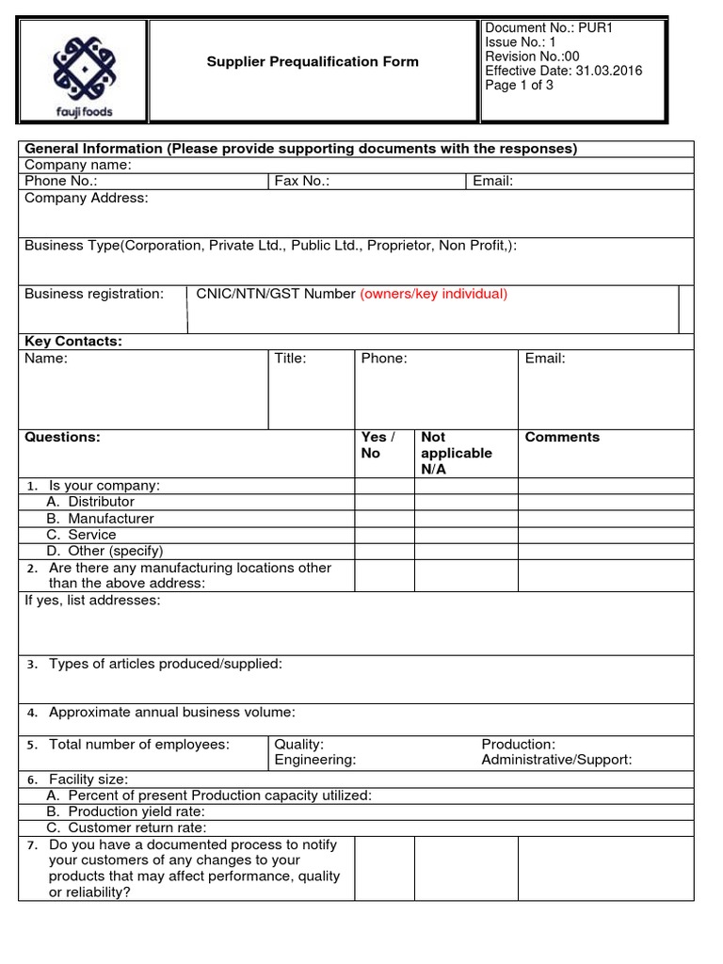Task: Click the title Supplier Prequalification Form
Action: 313,62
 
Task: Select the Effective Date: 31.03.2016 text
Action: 564,71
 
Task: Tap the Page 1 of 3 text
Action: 519,85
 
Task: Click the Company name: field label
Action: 77,165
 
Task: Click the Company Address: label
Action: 86,198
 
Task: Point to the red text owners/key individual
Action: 434,294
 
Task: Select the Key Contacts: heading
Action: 73,340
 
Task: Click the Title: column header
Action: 290,359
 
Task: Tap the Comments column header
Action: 562,437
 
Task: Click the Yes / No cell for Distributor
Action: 384,502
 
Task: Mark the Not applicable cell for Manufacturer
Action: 466,519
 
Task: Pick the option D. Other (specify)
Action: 104,551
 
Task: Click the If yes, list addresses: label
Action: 92,601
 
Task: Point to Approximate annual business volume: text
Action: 172,712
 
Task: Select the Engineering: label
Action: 314,760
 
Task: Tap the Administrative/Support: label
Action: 556,760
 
